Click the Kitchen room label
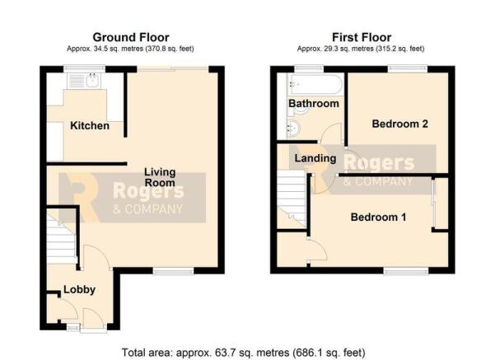(90, 126)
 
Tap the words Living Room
(161, 177)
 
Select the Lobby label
(82, 289)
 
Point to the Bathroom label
(313, 104)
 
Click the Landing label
(315, 158)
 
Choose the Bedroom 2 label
(400, 124)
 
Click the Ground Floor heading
(131, 37)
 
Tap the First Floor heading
(362, 37)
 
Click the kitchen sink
(86, 81)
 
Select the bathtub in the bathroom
(312, 84)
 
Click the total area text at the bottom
(242, 353)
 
